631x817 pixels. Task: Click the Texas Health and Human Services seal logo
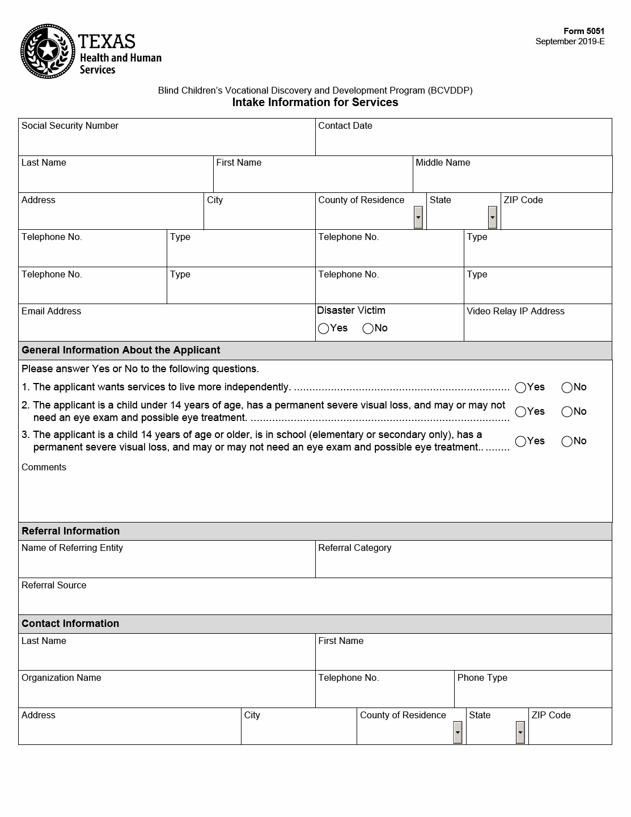[x=48, y=52]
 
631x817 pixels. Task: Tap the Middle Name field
[x=512, y=179]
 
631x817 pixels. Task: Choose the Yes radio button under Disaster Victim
[x=324, y=329]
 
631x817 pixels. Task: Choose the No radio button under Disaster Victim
[x=368, y=329]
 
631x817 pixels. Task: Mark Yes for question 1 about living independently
[x=520, y=388]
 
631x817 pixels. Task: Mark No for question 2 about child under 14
[x=567, y=412]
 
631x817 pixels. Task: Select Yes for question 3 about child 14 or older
[x=520, y=441]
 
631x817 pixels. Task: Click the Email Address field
[x=167, y=327]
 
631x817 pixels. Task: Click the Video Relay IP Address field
[x=537, y=327]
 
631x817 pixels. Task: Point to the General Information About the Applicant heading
[x=121, y=350]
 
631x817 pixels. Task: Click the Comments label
[x=44, y=468]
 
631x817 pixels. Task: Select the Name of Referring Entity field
[x=167, y=564]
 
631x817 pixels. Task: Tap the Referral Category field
[x=463, y=564]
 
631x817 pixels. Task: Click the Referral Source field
[x=315, y=601]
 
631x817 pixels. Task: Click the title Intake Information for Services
[x=315, y=103]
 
